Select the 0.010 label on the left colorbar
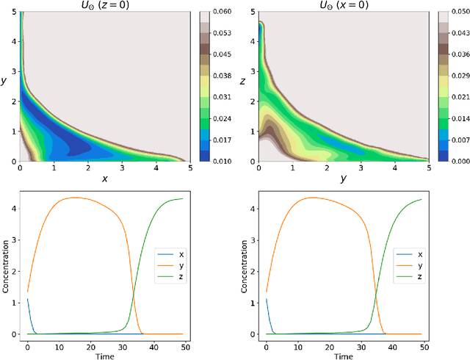pyautogui.click(x=222, y=160)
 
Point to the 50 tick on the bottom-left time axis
pyautogui.click(x=183, y=345)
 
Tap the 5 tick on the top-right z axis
pyautogui.click(x=252, y=12)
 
